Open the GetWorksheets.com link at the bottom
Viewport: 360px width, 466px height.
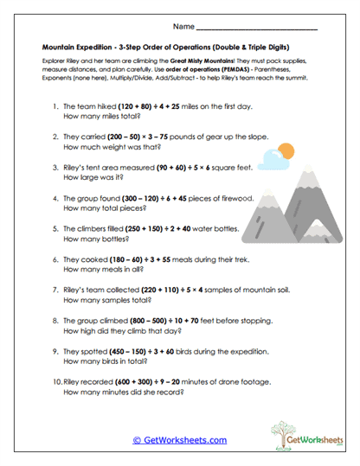(x=179, y=439)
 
